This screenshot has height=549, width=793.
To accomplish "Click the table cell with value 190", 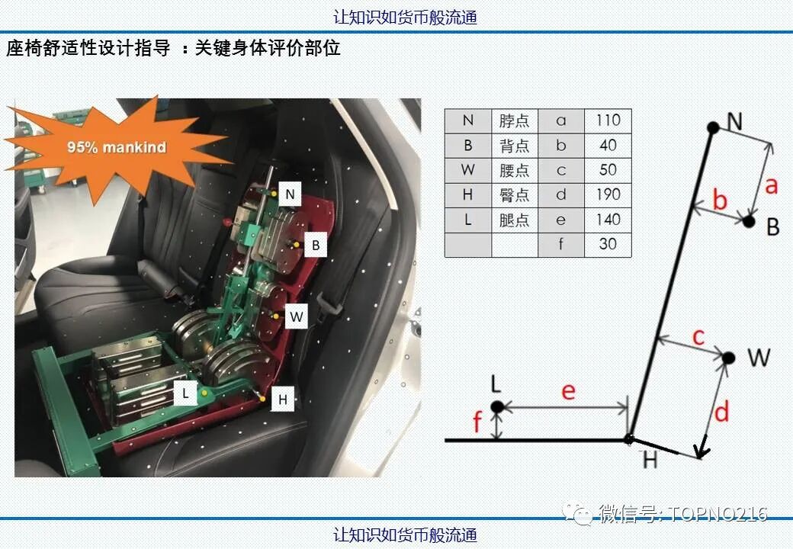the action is [x=608, y=195].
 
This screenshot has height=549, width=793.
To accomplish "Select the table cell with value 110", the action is [x=608, y=120].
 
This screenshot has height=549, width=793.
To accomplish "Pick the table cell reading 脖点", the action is [x=515, y=120].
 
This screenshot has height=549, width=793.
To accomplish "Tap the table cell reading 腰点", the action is [x=515, y=170].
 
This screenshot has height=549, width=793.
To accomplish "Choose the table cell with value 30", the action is [x=608, y=245].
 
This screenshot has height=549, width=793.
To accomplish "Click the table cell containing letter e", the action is [x=561, y=220].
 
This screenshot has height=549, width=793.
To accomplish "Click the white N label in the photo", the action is [x=290, y=194].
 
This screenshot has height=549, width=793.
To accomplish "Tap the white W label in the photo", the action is [x=297, y=317].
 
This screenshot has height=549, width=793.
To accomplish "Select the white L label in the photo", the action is [x=185, y=393].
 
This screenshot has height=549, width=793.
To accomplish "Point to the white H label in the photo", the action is [x=283, y=400].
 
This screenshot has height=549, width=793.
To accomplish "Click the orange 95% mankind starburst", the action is [x=117, y=148].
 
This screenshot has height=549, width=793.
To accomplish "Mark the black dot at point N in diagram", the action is [x=713, y=127].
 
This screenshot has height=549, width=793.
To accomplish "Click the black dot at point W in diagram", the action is [x=728, y=358].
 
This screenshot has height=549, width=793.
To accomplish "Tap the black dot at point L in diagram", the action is [x=497, y=406].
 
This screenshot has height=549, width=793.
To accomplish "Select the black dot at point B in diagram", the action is [x=749, y=221].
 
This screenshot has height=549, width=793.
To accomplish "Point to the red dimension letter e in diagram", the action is [x=569, y=391].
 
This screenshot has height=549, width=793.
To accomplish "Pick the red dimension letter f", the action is [x=477, y=421].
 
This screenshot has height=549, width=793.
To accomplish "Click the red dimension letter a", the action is [x=771, y=185].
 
